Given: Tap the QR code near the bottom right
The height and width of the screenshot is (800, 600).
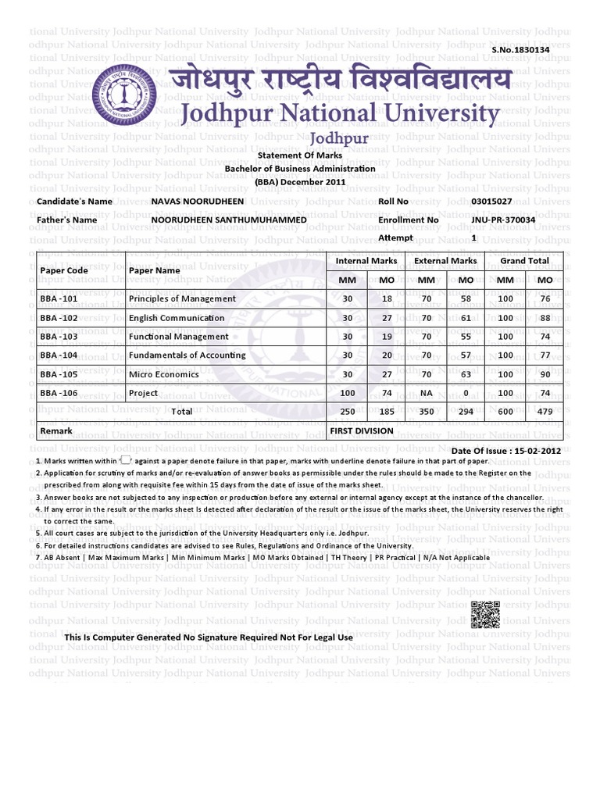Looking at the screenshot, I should [485, 616].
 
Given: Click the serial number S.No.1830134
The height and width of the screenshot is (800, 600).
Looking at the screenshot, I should [520, 50].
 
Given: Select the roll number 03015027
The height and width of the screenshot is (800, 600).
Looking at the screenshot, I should [492, 202].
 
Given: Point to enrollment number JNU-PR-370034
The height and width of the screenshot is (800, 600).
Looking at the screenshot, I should [503, 220].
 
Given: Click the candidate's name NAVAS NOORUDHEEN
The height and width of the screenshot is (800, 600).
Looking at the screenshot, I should [197, 202].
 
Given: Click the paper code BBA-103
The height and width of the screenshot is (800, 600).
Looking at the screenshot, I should [59, 337].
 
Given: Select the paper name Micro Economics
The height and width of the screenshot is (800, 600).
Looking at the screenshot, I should [164, 374].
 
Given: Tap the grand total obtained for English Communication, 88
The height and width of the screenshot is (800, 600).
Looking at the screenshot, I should [545, 318].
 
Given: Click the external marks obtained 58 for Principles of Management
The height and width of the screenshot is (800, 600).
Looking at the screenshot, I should [466, 298].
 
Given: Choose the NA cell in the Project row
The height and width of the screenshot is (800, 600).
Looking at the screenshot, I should [427, 393].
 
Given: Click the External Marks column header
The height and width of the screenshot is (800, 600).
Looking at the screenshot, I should [445, 261].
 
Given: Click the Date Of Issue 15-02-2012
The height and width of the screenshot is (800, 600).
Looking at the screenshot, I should [506, 452].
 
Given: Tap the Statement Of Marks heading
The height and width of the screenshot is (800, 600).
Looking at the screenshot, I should [300, 156].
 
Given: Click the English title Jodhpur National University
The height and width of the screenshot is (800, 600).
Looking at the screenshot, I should [340, 113].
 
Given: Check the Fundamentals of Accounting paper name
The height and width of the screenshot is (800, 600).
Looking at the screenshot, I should [187, 355].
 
